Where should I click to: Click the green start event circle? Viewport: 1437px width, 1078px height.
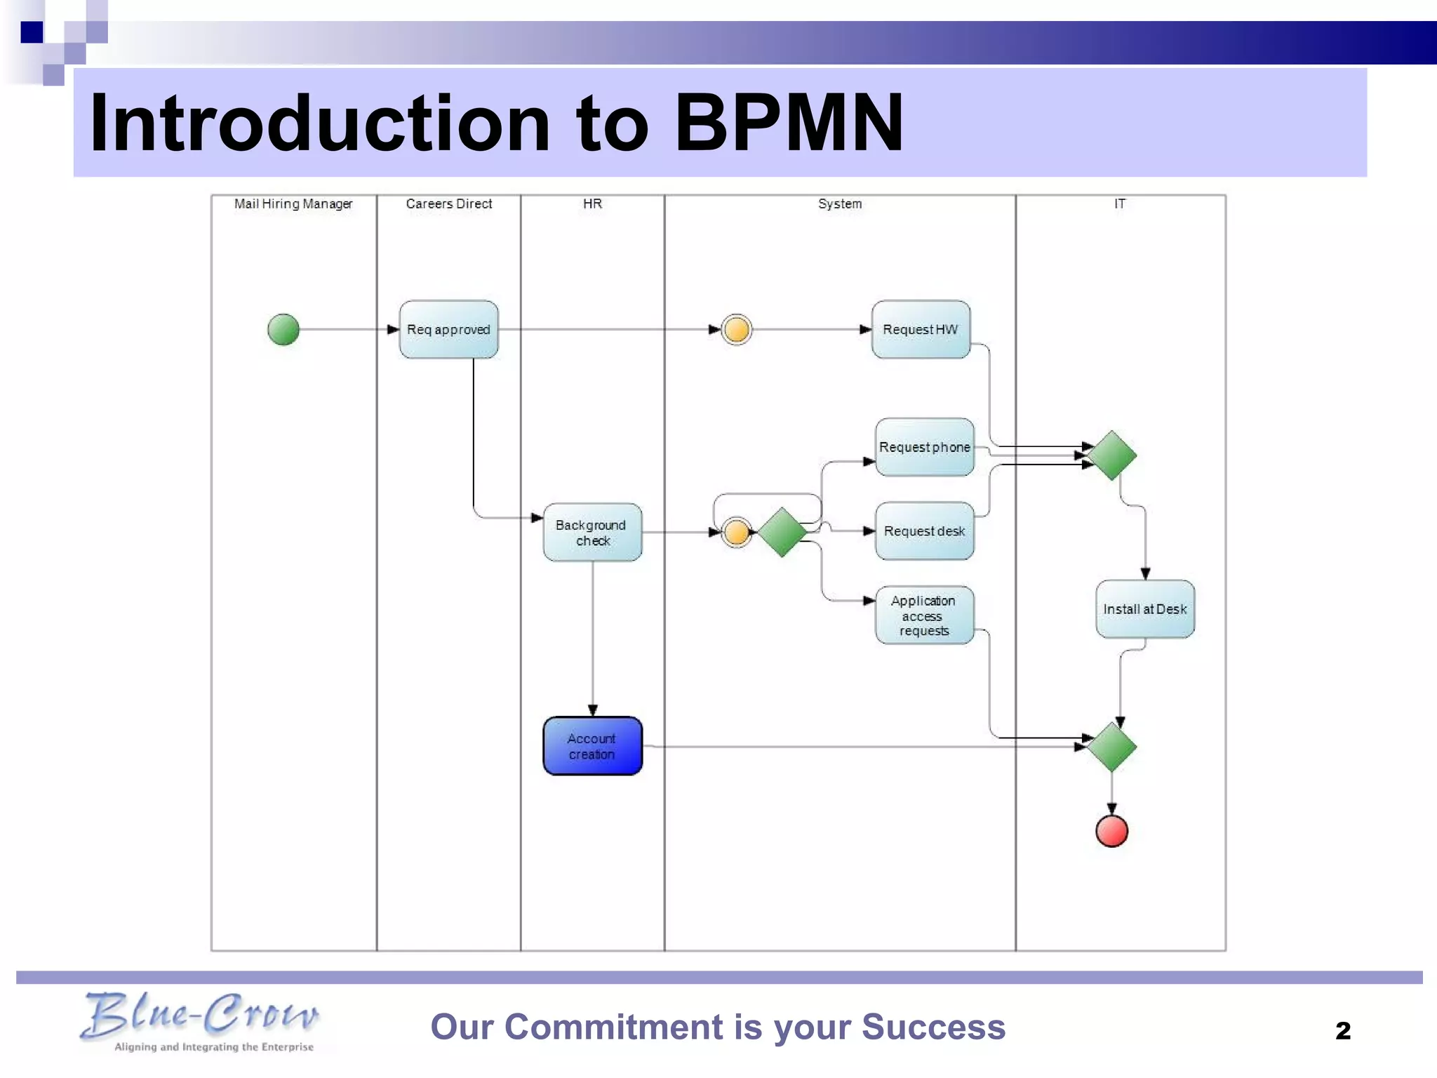[x=283, y=329]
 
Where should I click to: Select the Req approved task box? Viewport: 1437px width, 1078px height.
[x=448, y=329]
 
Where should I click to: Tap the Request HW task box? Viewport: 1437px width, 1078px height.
[x=921, y=329]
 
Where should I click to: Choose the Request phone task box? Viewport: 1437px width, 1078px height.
[x=924, y=447]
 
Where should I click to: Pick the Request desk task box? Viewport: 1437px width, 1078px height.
[x=924, y=531]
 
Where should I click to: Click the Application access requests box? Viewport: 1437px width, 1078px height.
[x=924, y=615]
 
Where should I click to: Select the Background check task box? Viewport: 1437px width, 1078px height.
[x=592, y=533]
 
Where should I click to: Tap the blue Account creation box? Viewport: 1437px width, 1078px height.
[x=592, y=746]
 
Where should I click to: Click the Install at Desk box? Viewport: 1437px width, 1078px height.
[x=1144, y=609]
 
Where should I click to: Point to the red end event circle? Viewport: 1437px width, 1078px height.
[x=1111, y=831]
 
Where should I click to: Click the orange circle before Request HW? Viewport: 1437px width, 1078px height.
[x=737, y=329]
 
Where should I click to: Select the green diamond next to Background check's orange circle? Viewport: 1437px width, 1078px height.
[x=782, y=533]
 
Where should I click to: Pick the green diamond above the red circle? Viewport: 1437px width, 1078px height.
[x=1111, y=747]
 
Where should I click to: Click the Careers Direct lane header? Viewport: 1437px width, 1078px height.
[x=449, y=204]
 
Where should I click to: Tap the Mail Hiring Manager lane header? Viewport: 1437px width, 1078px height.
[x=293, y=204]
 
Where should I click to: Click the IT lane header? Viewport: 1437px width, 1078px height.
[x=1120, y=204]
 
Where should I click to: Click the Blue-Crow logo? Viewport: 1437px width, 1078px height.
[x=200, y=1021]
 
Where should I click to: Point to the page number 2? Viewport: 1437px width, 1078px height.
[x=1342, y=1030]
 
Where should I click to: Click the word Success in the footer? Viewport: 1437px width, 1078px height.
[x=933, y=1027]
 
